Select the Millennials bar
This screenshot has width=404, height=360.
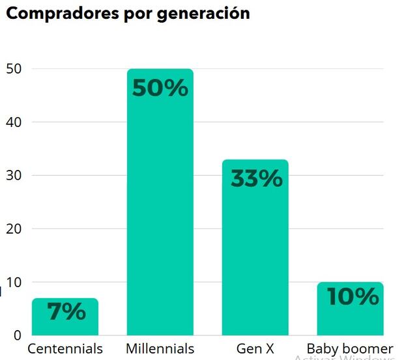[160, 215]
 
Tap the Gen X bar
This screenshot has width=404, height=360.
[255, 260]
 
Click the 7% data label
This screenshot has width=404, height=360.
[66, 312]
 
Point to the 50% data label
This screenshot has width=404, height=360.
[160, 88]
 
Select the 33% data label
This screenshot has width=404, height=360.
[256, 178]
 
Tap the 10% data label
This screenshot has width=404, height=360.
[353, 297]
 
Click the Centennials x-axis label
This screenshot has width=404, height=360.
[65, 348]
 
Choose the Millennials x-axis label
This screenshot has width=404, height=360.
[160, 348]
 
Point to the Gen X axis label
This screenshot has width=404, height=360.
[255, 348]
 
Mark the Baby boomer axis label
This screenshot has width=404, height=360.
[350, 348]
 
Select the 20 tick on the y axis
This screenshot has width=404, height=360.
[14, 229]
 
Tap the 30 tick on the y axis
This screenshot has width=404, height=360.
[14, 176]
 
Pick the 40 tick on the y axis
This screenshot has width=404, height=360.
[14, 122]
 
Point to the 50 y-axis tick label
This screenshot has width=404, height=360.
[14, 69]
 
